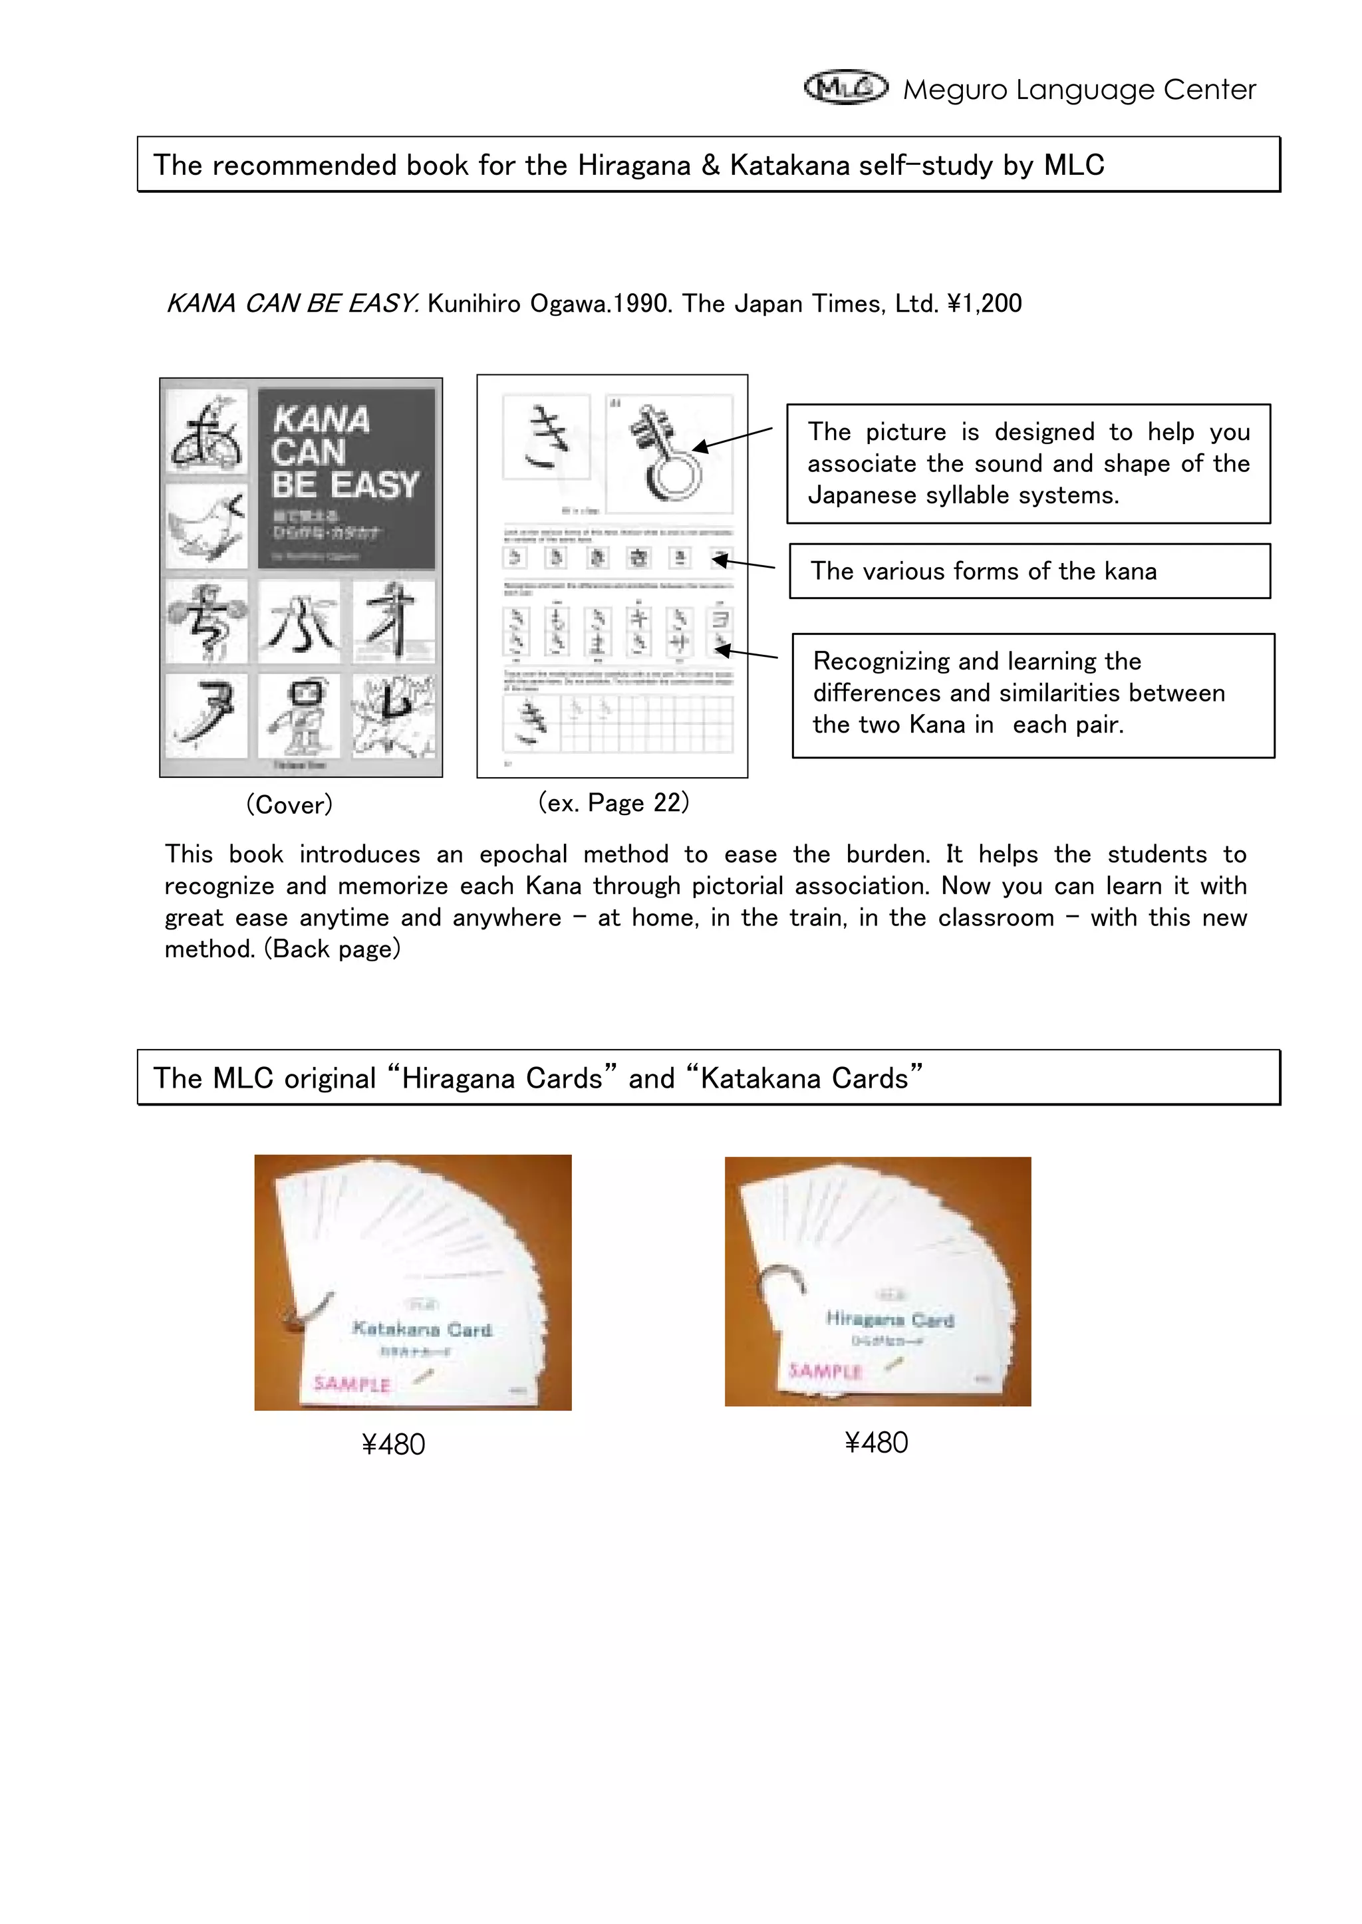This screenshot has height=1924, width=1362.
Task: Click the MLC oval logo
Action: [845, 87]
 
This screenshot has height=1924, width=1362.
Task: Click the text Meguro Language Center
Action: [1079, 90]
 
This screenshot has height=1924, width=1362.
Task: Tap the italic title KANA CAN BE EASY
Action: [292, 303]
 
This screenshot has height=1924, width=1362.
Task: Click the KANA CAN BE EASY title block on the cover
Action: [346, 478]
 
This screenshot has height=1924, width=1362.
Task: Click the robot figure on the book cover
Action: [299, 717]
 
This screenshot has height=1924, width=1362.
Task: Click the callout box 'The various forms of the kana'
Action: [1029, 571]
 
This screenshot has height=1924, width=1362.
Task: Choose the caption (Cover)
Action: [289, 805]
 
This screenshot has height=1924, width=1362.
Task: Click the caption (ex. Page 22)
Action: [613, 802]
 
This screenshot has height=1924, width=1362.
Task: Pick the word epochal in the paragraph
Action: [523, 854]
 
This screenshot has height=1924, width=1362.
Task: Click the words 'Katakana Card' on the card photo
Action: [422, 1329]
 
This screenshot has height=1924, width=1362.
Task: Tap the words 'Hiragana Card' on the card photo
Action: [890, 1319]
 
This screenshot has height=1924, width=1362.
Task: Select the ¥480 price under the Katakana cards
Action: [393, 1445]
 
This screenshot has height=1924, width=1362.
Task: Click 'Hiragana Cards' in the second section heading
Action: [501, 1078]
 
